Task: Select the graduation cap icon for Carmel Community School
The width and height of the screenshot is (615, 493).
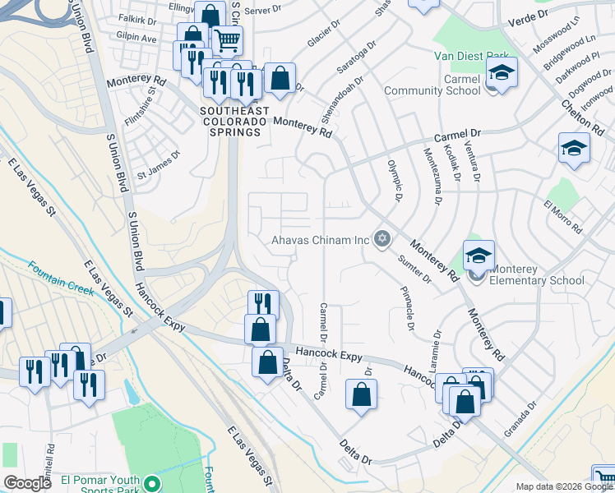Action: (501, 73)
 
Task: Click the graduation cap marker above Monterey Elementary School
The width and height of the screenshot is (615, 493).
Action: (478, 256)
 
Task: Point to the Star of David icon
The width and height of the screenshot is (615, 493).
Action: (381, 239)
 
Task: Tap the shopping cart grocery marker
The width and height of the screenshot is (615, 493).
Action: (227, 39)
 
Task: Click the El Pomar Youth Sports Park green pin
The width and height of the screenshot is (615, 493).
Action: (150, 482)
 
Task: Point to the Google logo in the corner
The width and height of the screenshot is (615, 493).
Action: (27, 483)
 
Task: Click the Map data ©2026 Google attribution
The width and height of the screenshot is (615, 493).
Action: (564, 486)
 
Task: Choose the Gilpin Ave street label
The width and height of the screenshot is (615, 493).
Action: (136, 39)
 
